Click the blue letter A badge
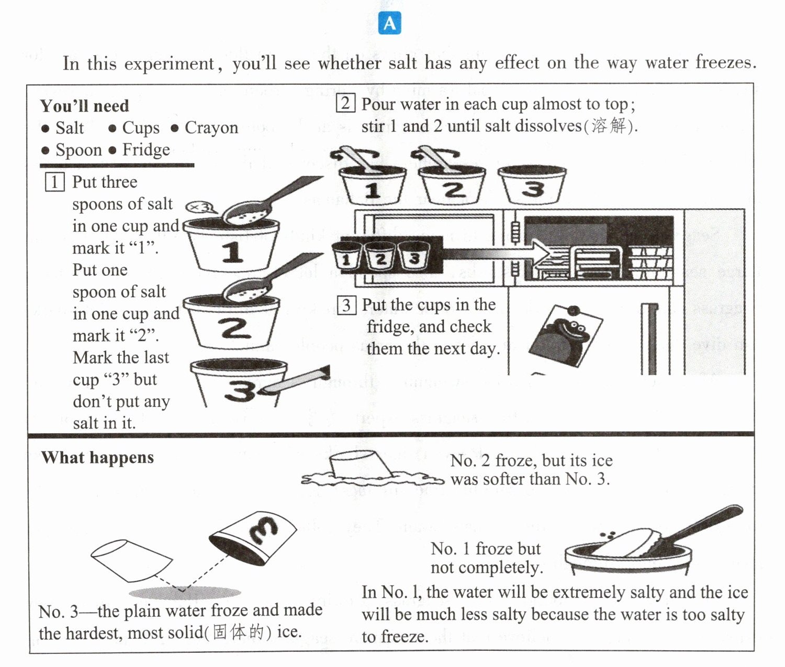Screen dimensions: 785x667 [390, 23]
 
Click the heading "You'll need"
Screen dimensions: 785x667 [85, 106]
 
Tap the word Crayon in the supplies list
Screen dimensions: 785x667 [211, 128]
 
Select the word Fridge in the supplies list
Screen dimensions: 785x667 [146, 150]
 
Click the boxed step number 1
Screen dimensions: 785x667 [54, 182]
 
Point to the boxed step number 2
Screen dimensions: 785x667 [345, 103]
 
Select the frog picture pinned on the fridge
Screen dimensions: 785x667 [565, 336]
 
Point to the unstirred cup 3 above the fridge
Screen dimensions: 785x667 [532, 185]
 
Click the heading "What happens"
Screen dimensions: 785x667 [98, 457]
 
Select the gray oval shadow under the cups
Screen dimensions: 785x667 [185, 593]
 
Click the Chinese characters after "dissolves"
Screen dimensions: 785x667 [608, 126]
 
